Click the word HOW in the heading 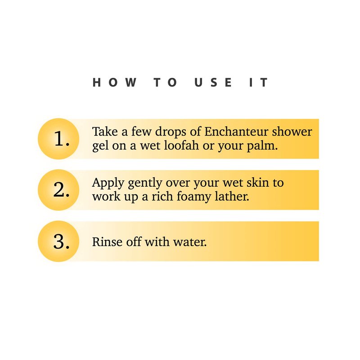(115, 82)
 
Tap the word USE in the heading (213, 82)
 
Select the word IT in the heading (258, 82)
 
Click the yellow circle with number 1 (58, 139)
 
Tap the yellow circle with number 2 (58, 190)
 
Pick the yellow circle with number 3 (58, 241)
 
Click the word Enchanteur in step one (236, 131)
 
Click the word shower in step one (292, 131)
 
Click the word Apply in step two (108, 184)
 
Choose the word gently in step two (145, 184)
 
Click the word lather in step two (232, 196)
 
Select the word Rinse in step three (107, 242)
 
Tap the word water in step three (190, 242)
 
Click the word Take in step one (105, 131)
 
